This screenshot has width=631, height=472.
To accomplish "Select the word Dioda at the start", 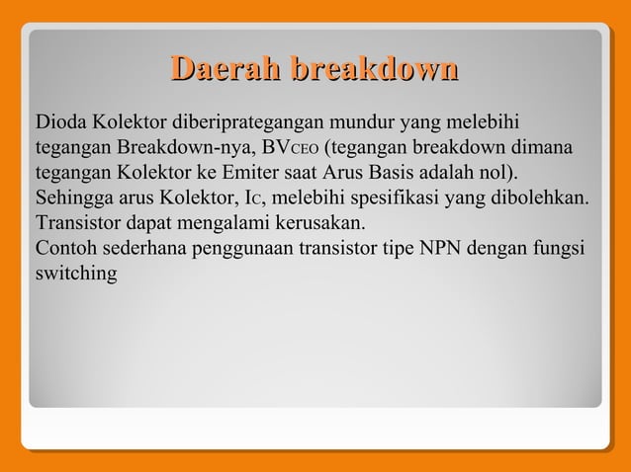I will point(61,123).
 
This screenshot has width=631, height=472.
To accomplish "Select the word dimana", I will point(541,149).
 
